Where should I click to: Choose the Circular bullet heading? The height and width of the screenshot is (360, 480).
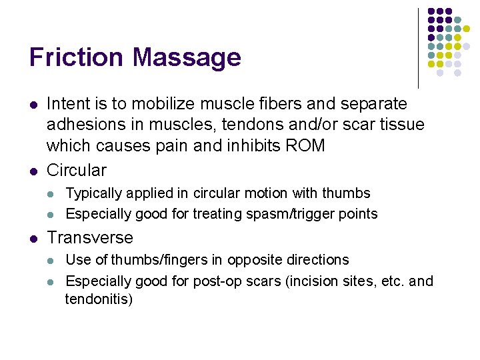[77, 170]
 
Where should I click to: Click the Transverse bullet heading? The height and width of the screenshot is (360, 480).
[90, 238]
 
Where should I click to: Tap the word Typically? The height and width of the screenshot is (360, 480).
[94, 194]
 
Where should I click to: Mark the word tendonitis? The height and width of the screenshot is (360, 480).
[99, 299]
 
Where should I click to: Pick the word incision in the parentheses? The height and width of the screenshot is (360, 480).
[315, 281]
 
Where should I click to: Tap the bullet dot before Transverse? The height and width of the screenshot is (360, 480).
[33, 239]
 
